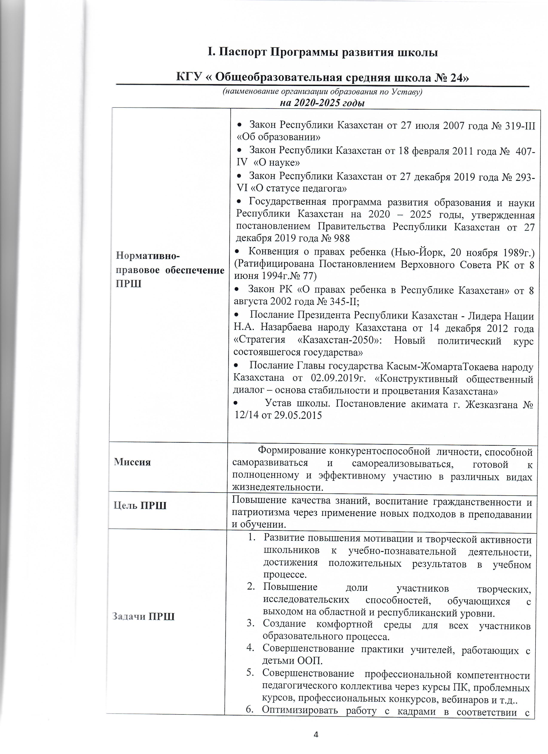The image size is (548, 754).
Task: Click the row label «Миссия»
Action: (x=132, y=462)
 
